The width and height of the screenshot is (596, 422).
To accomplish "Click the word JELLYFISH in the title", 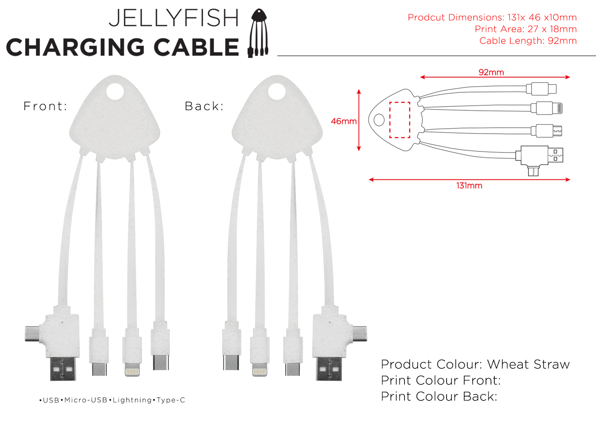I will pyautogui.click(x=174, y=18).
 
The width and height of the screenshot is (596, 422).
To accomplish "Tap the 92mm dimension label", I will pyautogui.click(x=491, y=72).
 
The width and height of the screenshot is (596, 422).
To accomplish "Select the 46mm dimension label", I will pyautogui.click(x=344, y=121).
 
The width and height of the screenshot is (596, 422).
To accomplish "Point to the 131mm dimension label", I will pyautogui.click(x=469, y=186).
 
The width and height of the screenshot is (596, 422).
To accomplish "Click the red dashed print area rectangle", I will pyautogui.click(x=400, y=120).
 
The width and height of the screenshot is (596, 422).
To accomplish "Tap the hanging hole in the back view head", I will pyautogui.click(x=277, y=92).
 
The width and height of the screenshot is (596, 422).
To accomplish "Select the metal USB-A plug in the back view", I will pyautogui.click(x=329, y=369).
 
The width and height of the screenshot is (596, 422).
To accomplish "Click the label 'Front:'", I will pyautogui.click(x=45, y=106).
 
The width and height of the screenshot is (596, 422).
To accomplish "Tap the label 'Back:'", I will pyautogui.click(x=204, y=106).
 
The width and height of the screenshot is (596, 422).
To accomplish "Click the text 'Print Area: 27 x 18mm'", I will pyautogui.click(x=525, y=29).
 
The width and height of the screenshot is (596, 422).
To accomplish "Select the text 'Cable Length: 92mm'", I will pyautogui.click(x=528, y=41).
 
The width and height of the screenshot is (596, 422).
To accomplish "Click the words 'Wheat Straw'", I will pyautogui.click(x=528, y=364).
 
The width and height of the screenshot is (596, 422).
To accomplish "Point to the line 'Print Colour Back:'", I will pyautogui.click(x=439, y=396).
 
